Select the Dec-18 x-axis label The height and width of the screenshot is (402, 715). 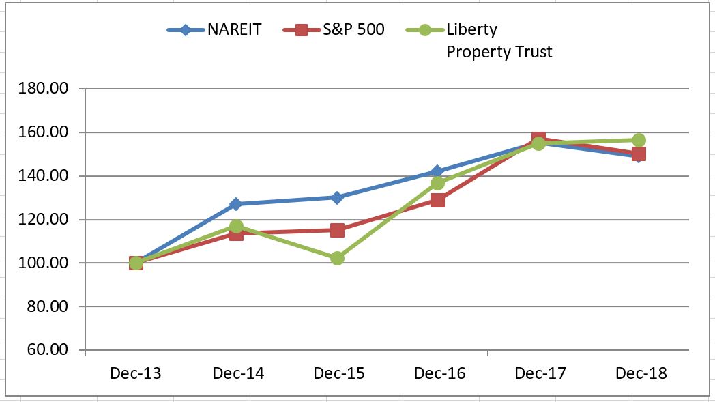[641, 373]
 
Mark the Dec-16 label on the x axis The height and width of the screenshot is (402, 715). [439, 373]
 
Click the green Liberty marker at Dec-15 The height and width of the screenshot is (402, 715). [337, 258]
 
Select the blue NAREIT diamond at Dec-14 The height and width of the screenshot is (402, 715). [236, 204]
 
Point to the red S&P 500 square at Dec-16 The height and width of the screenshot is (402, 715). [437, 200]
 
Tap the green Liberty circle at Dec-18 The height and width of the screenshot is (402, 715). [639, 140]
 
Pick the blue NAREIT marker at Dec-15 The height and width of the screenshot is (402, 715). [337, 197]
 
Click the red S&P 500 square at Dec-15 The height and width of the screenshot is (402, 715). [337, 230]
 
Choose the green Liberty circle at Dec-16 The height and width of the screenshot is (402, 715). [437, 183]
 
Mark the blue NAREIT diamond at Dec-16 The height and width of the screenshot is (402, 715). [437, 171]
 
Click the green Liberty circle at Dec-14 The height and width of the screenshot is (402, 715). [236, 226]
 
